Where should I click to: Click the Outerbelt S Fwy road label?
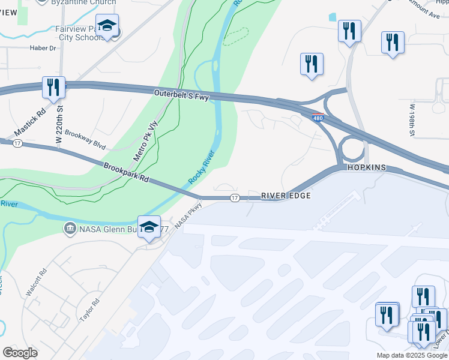pyautogui.click(x=181, y=95)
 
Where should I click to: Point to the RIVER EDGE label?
pyautogui.click(x=285, y=197)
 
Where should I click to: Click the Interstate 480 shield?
pyautogui.click(x=318, y=118)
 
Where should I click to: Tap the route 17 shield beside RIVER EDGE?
pyautogui.click(x=234, y=198)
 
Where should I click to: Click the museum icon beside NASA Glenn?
pyautogui.click(x=70, y=229)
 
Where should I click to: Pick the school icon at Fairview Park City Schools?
pyautogui.click(x=107, y=26)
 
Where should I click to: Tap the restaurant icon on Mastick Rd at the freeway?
pyautogui.click(x=53, y=86)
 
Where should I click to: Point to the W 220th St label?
pyautogui.click(x=59, y=124)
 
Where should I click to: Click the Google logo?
pyautogui.click(x=20, y=353)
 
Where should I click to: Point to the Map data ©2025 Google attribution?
pyautogui.click(x=411, y=355)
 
